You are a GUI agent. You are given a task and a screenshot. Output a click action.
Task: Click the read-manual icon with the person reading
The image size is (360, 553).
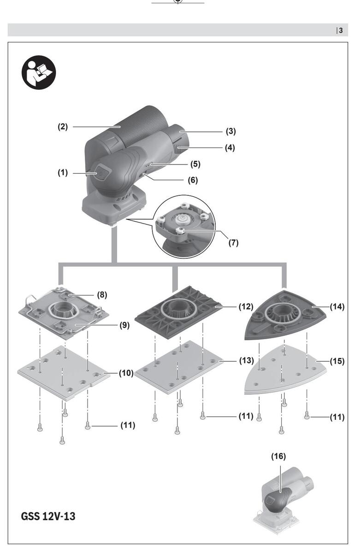(x=39, y=72)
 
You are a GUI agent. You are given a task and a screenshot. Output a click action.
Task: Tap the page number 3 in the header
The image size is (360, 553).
(x=341, y=30)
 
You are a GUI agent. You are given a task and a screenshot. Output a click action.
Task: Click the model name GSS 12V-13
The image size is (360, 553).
(x=48, y=516)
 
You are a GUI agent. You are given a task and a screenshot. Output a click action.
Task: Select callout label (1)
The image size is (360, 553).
(x=63, y=172)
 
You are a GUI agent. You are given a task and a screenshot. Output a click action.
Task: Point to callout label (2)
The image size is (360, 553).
(x=63, y=127)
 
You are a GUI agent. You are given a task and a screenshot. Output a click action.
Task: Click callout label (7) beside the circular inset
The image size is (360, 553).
(x=233, y=243)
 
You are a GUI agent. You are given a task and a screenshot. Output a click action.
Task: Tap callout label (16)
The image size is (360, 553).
(x=278, y=456)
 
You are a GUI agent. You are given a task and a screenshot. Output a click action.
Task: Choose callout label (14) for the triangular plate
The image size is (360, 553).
(x=337, y=306)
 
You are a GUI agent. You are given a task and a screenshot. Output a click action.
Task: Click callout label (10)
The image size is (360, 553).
(x=126, y=373)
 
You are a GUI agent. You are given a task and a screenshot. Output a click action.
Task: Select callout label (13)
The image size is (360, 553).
(x=247, y=360)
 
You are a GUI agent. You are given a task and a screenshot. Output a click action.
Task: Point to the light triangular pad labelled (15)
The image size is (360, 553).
(x=285, y=369)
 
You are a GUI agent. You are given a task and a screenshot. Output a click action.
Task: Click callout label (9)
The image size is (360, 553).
(x=124, y=325)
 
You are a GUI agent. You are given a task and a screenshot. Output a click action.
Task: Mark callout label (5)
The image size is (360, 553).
(x=195, y=164)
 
